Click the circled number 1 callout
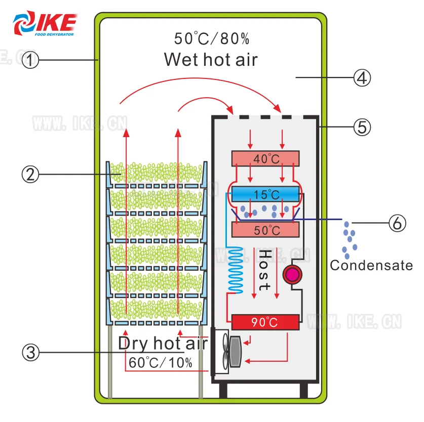pyautogui.click(x=31, y=61)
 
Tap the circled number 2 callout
pyautogui.click(x=31, y=175)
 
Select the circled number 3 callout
pyautogui.click(x=31, y=353)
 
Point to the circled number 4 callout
pyautogui.click(x=362, y=78)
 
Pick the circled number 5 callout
pyautogui.click(x=362, y=126)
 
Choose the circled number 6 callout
pyautogui.click(x=397, y=223)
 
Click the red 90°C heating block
pyautogui.click(x=265, y=322)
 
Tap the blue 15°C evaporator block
pyautogui.click(x=265, y=194)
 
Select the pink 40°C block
pyautogui.click(x=265, y=158)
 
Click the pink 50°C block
pyautogui.click(x=265, y=230)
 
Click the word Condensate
pyautogui.click(x=371, y=265)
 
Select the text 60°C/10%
pyautogui.click(x=160, y=362)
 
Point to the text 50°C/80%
pyautogui.click(x=211, y=38)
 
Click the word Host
pyautogui.click(x=264, y=270)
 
